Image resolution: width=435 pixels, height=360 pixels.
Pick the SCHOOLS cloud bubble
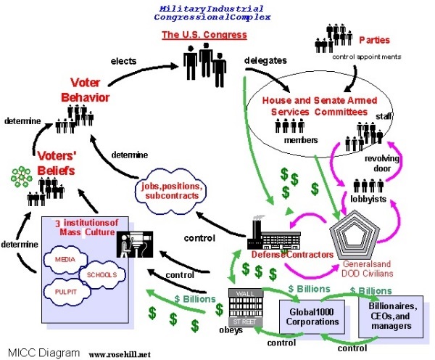click(x=100, y=276)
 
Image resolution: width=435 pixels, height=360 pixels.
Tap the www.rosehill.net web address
click(x=122, y=354)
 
